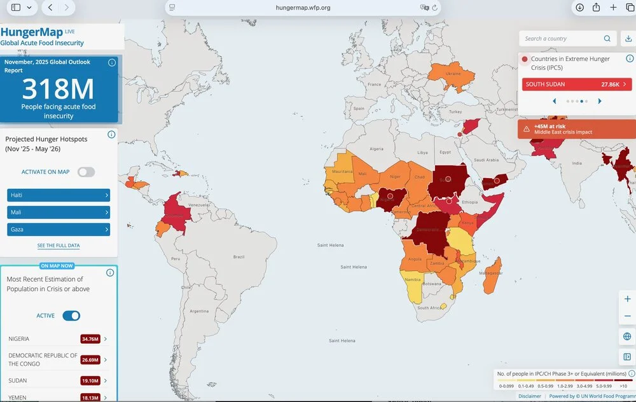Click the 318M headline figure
pos(59,88)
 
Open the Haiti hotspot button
pos(59,195)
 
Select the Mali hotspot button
pos(59,212)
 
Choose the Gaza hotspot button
pos(59,229)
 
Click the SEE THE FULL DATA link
pos(59,246)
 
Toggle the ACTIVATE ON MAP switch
pos(86,172)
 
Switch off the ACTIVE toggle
pos(71,315)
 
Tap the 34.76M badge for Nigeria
pos(90,339)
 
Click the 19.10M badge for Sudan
pos(90,380)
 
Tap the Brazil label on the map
pos(239,256)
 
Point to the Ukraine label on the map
pos(453,73)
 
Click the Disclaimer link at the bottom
pos(530,396)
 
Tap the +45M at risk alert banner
pos(576,129)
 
